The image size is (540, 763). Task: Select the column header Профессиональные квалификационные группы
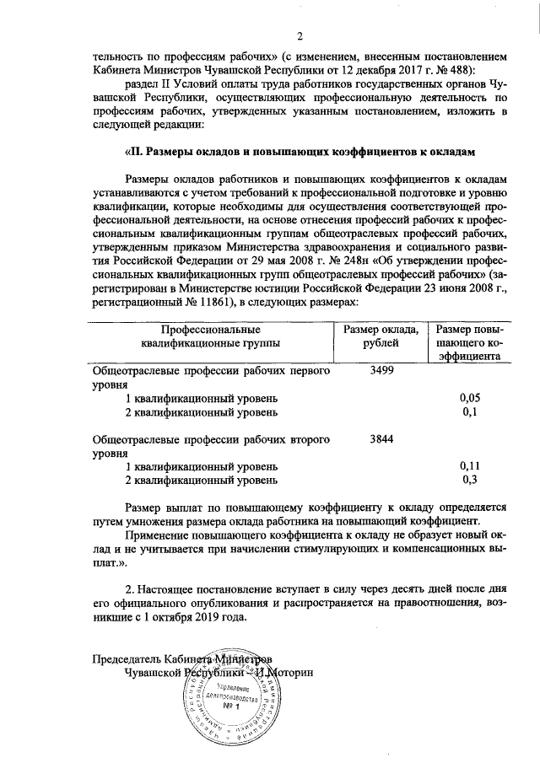[212, 336]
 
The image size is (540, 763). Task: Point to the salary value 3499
[381, 370]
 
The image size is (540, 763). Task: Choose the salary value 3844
[381, 438]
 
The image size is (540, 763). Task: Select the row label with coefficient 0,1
[201, 411]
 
